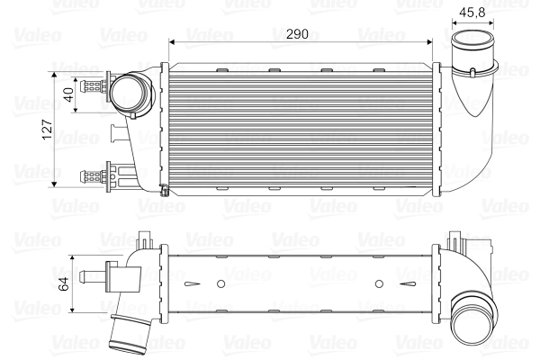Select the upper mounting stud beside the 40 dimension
coord(92,87)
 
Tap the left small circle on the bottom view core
coord(220,284)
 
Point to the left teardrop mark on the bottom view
coord(190,284)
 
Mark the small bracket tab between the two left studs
coord(118,136)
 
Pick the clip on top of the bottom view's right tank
coord(455,240)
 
